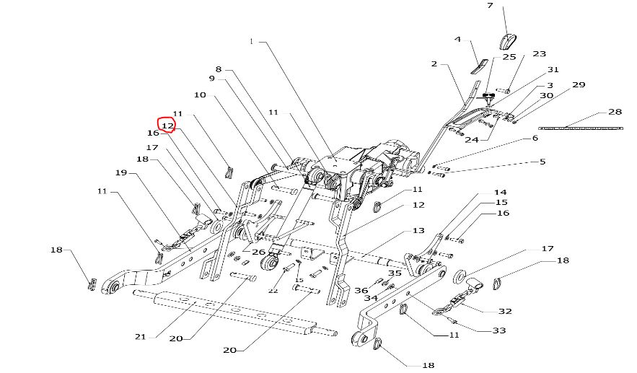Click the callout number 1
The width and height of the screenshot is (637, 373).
click(252, 42)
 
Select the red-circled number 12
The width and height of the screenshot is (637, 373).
click(167, 126)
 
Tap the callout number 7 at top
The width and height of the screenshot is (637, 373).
click(510, 6)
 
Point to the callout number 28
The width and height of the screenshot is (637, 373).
click(615, 113)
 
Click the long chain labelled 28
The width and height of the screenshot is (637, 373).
click(580, 128)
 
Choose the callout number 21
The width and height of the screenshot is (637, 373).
click(141, 337)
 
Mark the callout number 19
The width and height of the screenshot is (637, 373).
click(121, 173)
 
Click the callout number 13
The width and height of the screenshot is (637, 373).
click(418, 231)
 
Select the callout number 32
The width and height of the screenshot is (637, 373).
click(505, 311)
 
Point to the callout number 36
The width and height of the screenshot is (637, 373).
click(361, 290)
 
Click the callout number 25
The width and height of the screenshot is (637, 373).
click(509, 56)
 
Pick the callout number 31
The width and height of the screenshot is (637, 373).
click(553, 70)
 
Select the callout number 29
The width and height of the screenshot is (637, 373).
click(579, 85)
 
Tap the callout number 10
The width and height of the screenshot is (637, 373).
click(200, 95)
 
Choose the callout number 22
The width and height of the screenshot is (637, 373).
click(273, 290)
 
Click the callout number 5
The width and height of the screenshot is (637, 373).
click(542, 162)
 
